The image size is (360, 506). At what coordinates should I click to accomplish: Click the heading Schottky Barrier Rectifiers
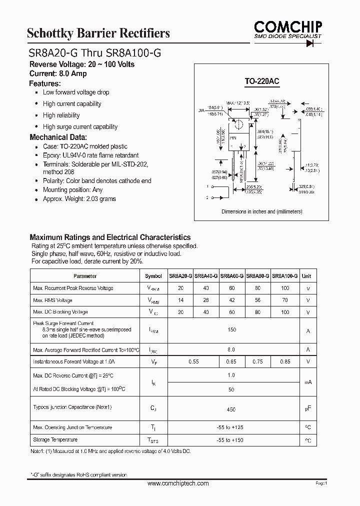tap(98, 33)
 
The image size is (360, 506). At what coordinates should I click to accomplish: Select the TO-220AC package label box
tap(261, 80)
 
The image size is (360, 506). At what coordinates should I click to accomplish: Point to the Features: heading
tap(45, 83)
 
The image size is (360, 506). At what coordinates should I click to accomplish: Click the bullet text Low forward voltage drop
tap(76, 92)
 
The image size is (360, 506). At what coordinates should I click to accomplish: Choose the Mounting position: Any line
tap(72, 190)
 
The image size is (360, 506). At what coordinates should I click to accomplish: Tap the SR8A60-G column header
tap(232, 276)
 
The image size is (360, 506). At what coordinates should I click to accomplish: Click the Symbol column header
tap(153, 276)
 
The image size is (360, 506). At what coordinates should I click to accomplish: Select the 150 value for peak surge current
tap(231, 330)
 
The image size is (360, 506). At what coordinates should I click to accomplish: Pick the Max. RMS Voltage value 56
tap(257, 300)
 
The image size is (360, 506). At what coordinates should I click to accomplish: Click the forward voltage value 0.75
tap(257, 361)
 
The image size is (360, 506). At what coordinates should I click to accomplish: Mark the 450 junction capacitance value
tap(231, 409)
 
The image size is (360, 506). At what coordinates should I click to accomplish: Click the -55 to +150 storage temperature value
tap(231, 440)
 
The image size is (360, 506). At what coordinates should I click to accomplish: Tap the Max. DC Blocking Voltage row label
tap(59, 312)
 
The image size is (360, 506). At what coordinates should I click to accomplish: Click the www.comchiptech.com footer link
tap(178, 483)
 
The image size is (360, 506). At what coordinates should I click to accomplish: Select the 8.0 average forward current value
tap(231, 349)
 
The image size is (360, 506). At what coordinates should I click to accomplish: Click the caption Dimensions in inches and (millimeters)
tap(261, 211)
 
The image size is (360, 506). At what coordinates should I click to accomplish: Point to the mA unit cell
tap(308, 382)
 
